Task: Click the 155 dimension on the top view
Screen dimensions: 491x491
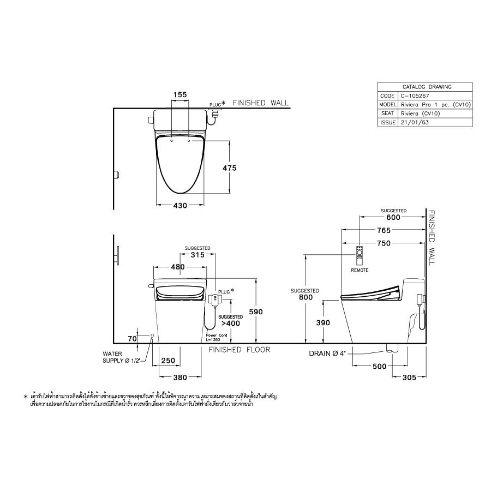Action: tap(180, 94)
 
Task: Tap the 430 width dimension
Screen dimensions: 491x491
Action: tap(180, 205)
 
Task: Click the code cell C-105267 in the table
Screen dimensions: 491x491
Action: tap(413, 95)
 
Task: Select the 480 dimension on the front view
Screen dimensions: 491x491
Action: tap(178, 267)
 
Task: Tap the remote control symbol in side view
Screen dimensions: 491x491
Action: tap(360, 254)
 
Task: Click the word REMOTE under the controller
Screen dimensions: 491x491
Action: tap(360, 271)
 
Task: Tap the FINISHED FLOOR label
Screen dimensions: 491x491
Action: tap(239, 350)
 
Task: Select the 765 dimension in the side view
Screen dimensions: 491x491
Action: tap(383, 231)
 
